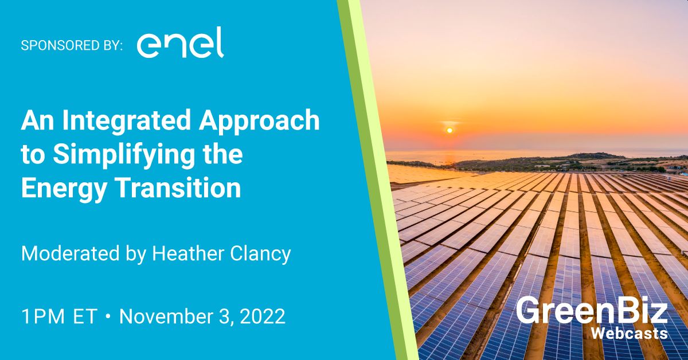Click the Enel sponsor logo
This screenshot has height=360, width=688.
point(180,42)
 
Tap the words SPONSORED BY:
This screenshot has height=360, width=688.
point(72,45)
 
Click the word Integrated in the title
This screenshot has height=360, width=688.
point(127,121)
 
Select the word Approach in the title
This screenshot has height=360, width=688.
point(259,121)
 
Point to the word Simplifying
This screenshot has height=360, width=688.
point(123,155)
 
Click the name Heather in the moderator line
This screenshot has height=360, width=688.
point(188,253)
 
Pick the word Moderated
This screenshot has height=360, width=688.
point(71,254)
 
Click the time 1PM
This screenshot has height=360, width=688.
point(43,316)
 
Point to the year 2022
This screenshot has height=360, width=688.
point(263,316)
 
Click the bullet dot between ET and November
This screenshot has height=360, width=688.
point(108,316)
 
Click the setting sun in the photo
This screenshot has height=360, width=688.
point(449,130)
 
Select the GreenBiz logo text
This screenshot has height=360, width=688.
point(592,310)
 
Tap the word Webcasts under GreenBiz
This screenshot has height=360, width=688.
point(630,334)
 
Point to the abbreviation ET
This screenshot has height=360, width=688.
point(85,316)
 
